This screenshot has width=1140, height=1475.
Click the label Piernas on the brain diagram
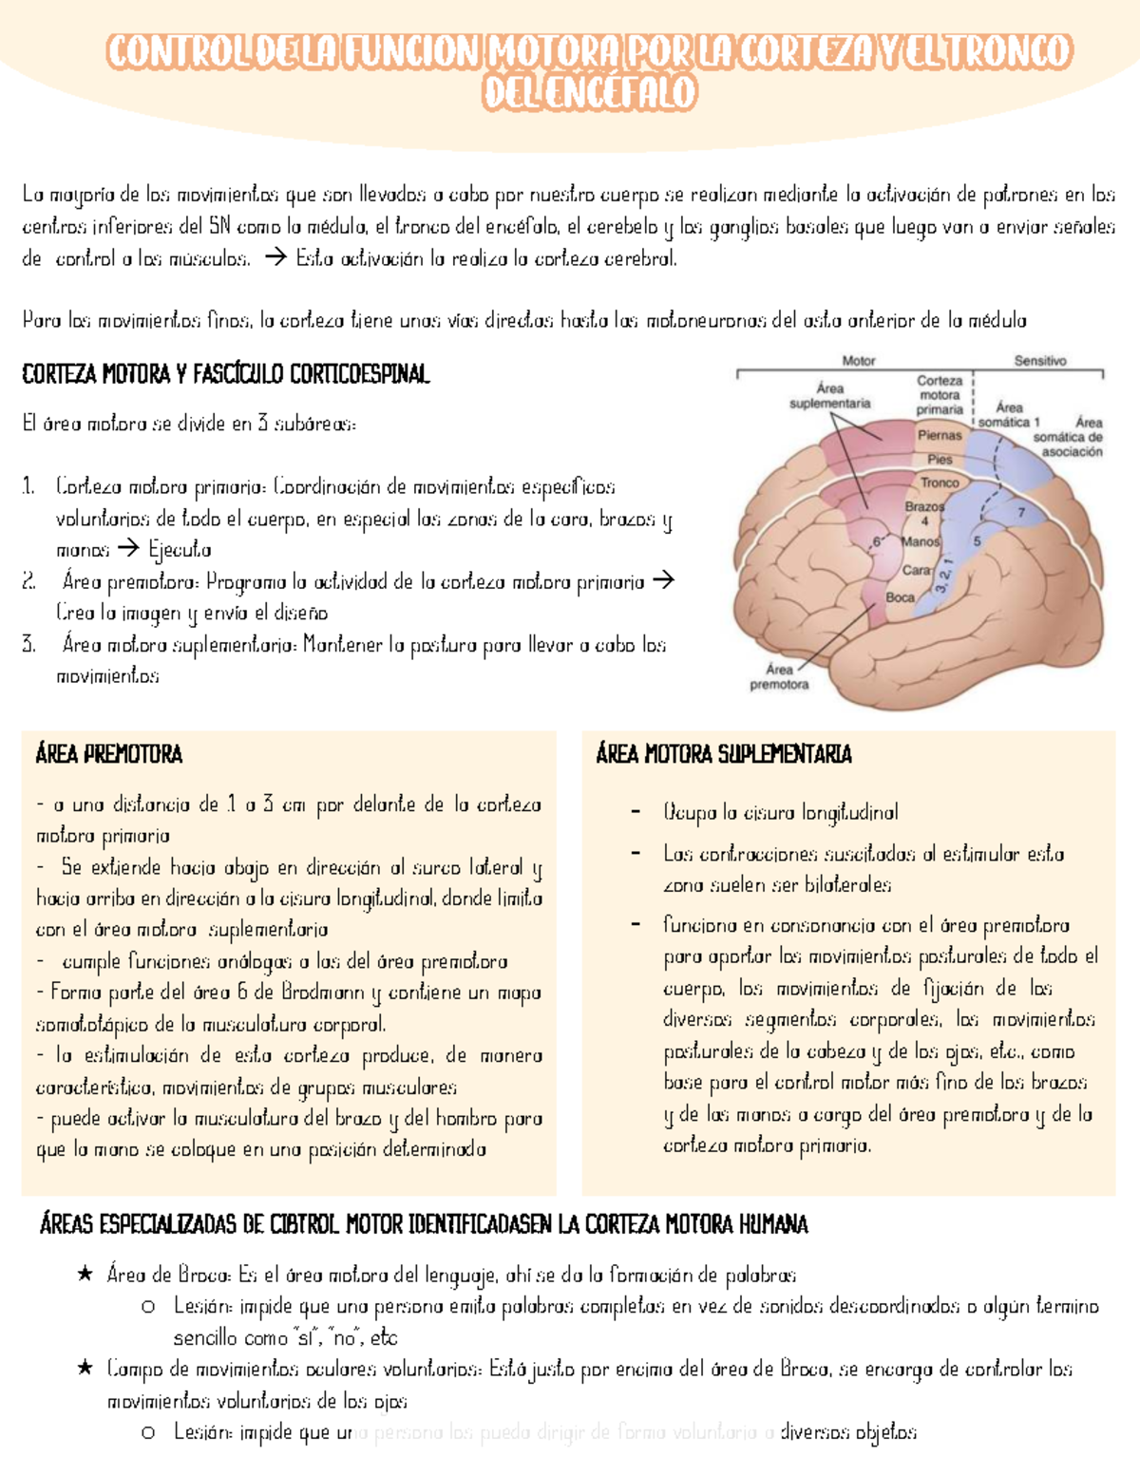940,435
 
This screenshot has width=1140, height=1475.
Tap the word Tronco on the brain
940,482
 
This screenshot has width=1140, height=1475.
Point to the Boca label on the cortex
900,597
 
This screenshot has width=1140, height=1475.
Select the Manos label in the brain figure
921,541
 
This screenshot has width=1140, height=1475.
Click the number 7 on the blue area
1021,512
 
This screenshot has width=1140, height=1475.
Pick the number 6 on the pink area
878,542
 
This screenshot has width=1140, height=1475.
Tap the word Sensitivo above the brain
1040,361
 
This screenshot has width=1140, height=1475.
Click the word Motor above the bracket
859,361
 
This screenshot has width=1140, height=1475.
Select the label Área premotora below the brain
779,676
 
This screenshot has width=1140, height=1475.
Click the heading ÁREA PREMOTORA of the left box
108,754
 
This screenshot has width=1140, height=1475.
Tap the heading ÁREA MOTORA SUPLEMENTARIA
724,754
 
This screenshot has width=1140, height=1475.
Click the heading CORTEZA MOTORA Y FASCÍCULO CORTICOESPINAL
226,374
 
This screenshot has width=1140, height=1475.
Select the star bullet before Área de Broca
85,1275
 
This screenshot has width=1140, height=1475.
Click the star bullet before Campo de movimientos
85,1369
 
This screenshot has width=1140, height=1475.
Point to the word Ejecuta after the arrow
180,550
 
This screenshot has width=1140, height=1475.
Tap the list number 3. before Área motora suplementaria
29,645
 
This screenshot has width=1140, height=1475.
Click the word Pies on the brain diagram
940,459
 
